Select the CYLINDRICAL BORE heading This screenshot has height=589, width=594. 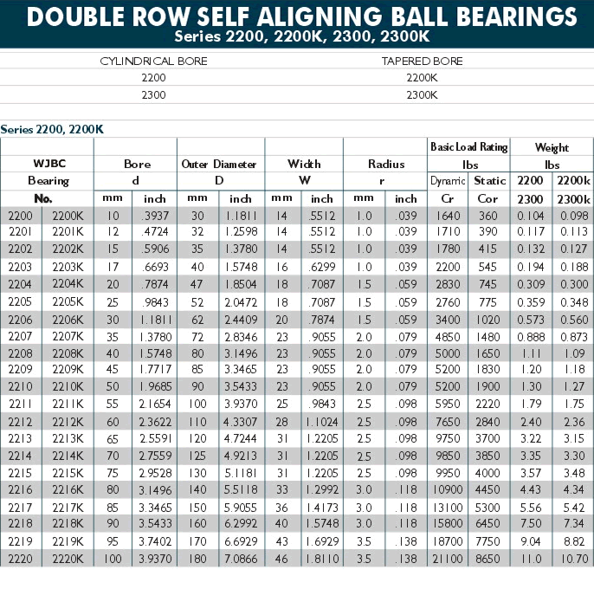(x=153, y=61)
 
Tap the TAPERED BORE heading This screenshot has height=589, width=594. (x=422, y=61)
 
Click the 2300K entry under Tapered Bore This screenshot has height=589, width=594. (x=422, y=94)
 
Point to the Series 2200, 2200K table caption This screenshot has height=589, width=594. (x=52, y=130)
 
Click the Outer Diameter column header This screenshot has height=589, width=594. (x=219, y=164)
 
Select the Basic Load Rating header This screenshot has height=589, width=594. (x=469, y=147)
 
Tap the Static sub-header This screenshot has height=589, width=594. (x=490, y=181)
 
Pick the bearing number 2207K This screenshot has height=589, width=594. (x=68, y=336)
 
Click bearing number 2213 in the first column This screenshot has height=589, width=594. (x=20, y=438)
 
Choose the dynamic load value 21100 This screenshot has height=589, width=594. (x=448, y=559)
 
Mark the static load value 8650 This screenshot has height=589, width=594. (x=488, y=559)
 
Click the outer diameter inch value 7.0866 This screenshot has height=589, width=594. (x=241, y=559)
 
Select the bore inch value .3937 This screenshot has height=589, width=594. (x=155, y=216)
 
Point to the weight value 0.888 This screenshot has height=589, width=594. (x=531, y=337)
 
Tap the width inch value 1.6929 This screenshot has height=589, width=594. (x=322, y=541)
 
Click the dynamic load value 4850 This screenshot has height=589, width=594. (x=448, y=337)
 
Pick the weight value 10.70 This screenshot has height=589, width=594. (x=574, y=559)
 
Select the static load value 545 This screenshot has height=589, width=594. (x=487, y=267)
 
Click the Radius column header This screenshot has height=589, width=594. (x=386, y=164)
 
